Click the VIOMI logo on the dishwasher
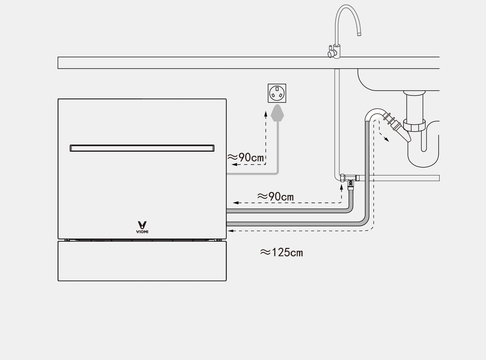click(x=142, y=227)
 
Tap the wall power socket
click(x=277, y=93)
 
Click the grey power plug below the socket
click(x=278, y=113)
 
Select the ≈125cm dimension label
click(x=282, y=252)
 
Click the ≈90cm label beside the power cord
click(x=246, y=157)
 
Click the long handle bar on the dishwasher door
click(x=142, y=148)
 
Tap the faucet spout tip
click(x=359, y=33)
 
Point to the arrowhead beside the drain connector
click(x=387, y=140)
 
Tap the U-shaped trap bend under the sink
click(x=423, y=155)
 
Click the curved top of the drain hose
click(x=373, y=112)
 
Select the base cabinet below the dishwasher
click(x=142, y=261)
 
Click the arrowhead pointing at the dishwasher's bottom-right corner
click(x=230, y=231)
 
